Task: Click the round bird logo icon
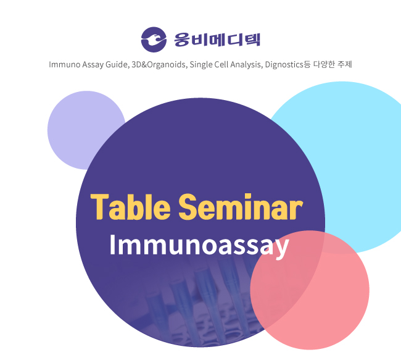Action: click(x=154, y=40)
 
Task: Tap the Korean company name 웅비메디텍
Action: click(x=217, y=40)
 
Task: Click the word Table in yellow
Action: click(x=130, y=207)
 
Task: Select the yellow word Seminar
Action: click(x=241, y=207)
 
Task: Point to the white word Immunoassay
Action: click(x=199, y=245)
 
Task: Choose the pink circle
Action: click(x=310, y=290)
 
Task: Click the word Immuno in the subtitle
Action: click(x=64, y=64)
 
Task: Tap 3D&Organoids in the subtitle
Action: click(x=159, y=64)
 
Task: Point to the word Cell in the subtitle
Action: click(x=221, y=64)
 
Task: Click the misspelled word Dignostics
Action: click(x=284, y=65)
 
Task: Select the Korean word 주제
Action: click(x=345, y=64)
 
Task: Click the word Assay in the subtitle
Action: click(x=93, y=65)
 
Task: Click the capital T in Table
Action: click(x=100, y=207)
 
